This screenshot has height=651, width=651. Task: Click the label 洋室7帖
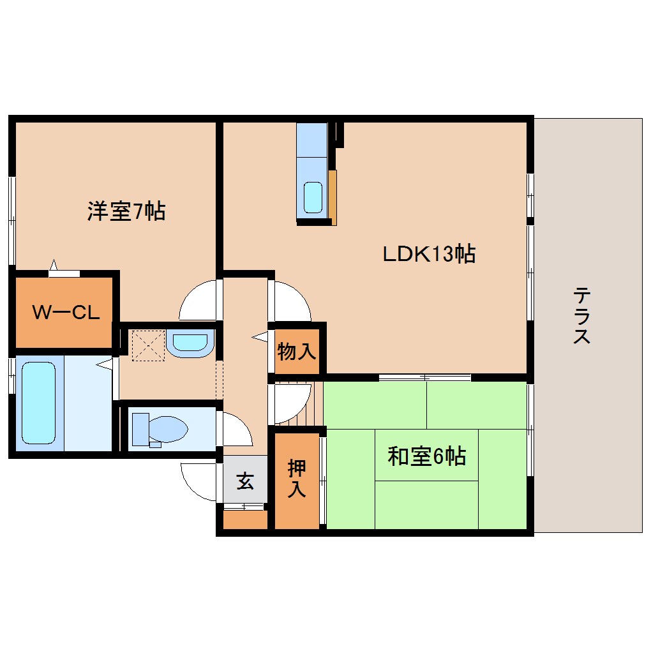point(126,211)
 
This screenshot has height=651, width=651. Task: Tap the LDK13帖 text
point(428,254)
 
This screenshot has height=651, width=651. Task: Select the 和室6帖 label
point(426,456)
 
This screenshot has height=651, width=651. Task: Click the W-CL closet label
point(66,313)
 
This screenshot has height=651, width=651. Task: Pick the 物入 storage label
point(297,350)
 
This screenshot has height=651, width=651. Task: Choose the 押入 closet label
point(297,479)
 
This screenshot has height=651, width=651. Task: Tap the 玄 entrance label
point(244,480)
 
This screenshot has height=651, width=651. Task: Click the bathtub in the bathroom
point(38,403)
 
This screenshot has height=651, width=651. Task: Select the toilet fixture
point(160,427)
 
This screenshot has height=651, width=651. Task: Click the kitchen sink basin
point(313,197)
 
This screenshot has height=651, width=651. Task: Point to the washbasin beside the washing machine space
point(190,343)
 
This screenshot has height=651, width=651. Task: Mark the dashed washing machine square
point(147,345)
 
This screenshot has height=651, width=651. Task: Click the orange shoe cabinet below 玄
point(245,520)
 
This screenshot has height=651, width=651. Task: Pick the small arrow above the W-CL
point(54,265)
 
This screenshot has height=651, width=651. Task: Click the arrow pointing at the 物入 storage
point(260,336)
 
